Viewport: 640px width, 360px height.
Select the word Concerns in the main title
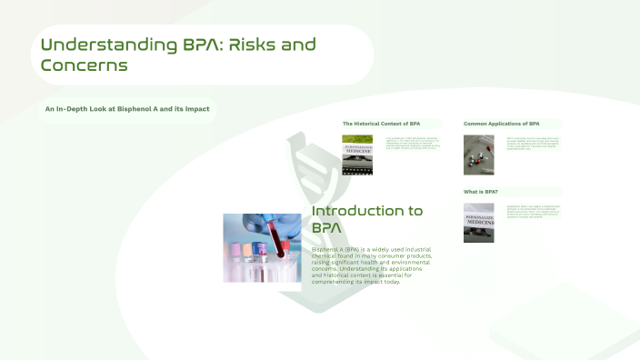(84, 65)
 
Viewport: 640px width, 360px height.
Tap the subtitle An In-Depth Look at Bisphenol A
(127, 109)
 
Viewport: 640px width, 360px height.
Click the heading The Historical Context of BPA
(381, 123)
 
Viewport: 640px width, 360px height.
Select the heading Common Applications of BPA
(501, 123)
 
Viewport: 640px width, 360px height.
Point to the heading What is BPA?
(481, 192)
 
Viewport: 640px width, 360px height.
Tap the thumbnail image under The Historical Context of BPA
(356, 148)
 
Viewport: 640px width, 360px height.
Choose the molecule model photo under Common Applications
(478, 155)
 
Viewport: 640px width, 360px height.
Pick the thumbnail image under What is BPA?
(478, 222)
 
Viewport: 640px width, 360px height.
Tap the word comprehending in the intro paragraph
(343, 282)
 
